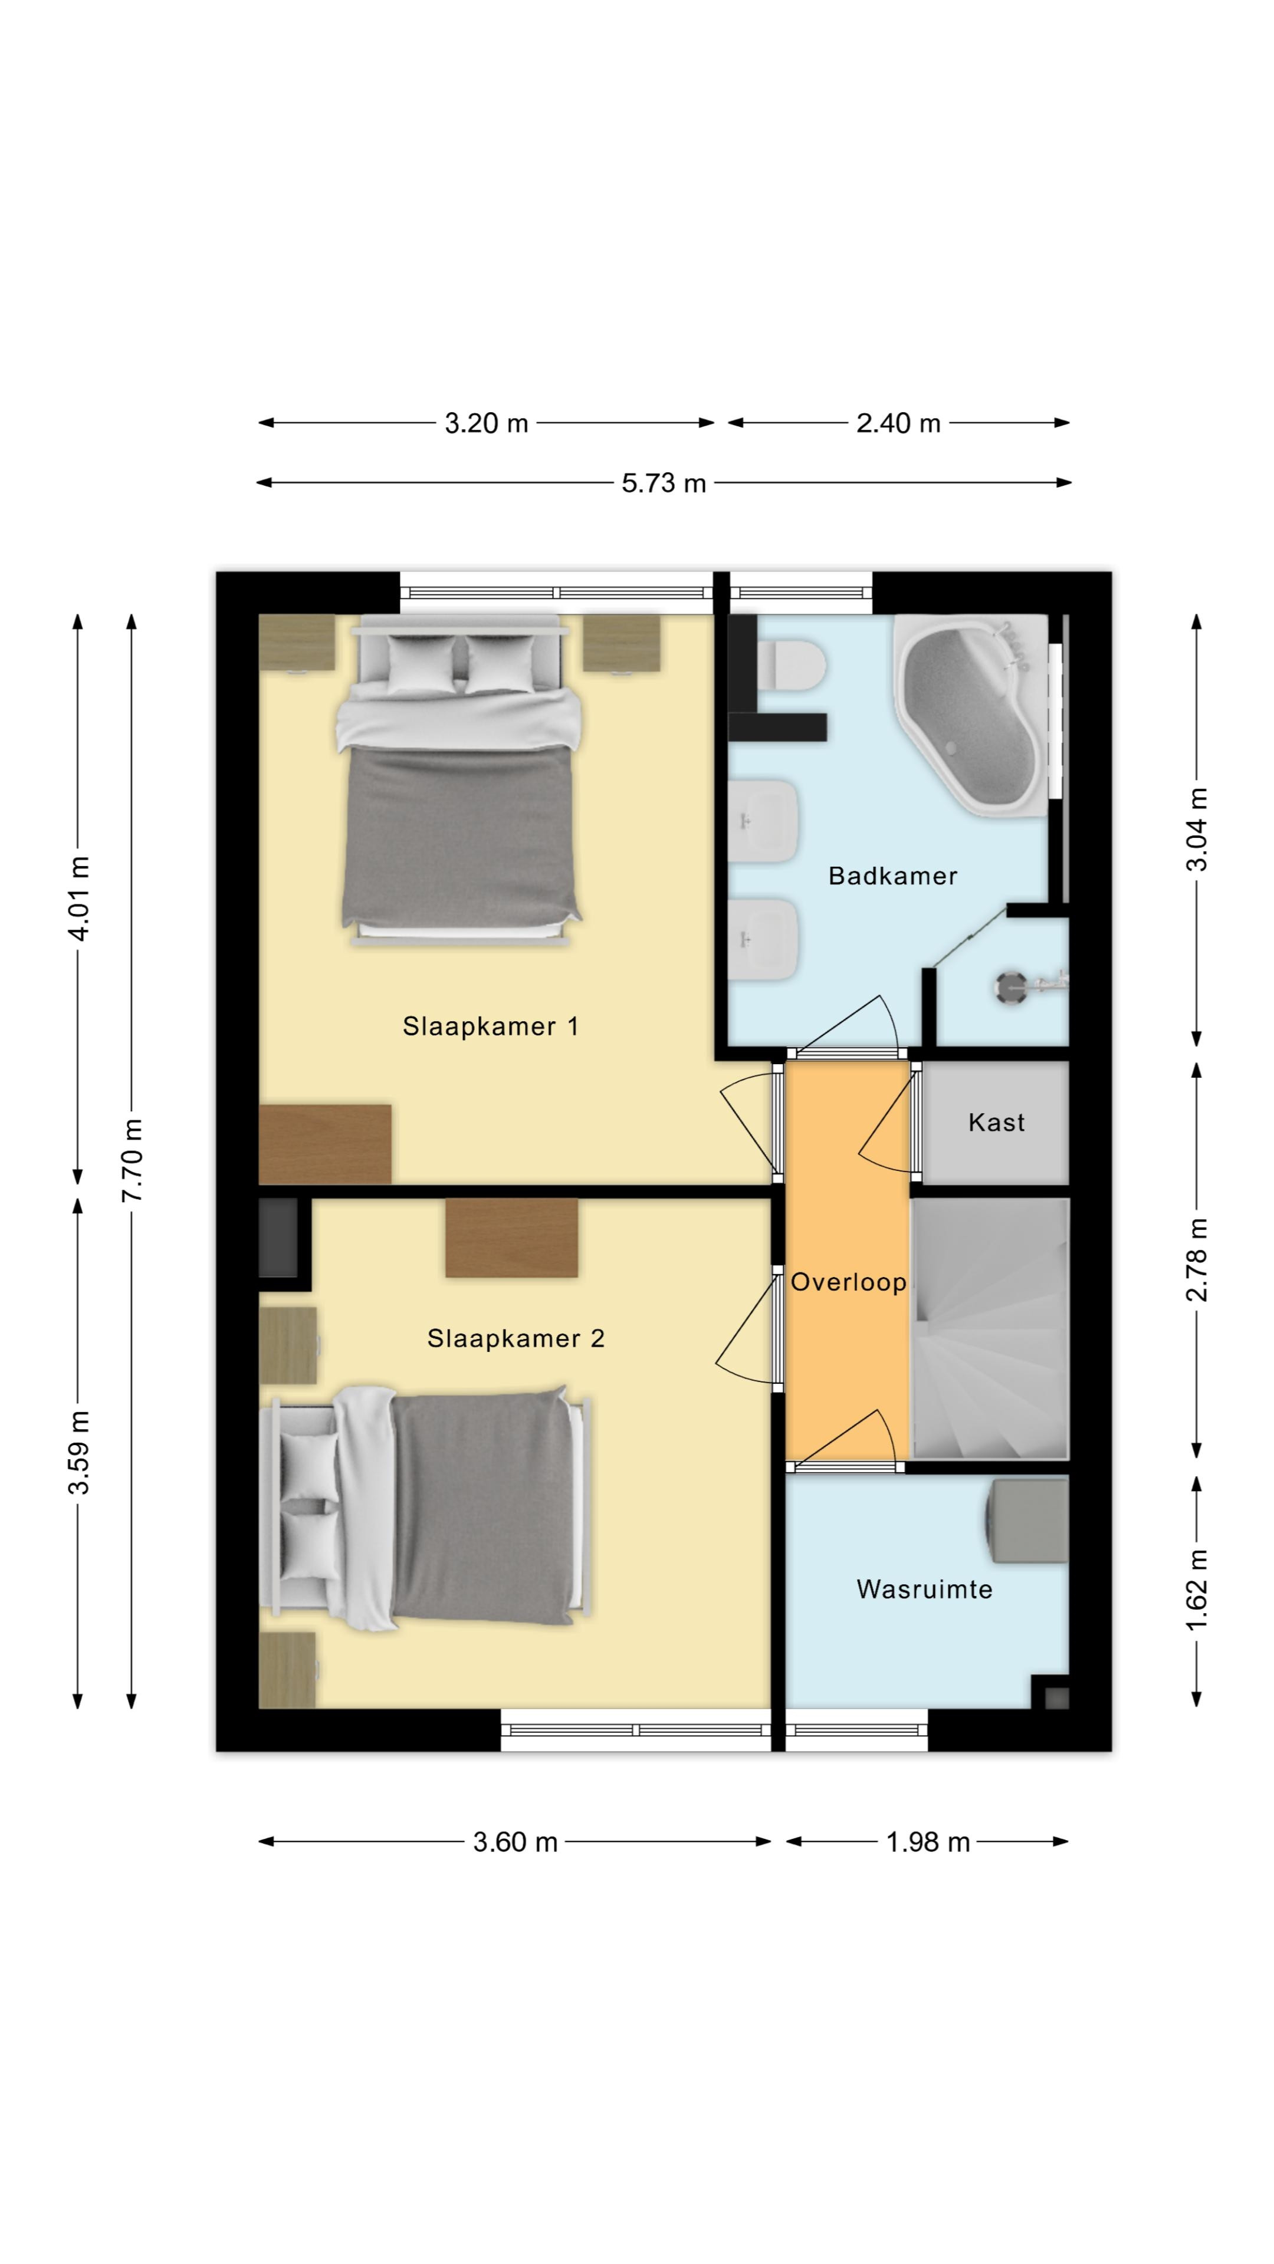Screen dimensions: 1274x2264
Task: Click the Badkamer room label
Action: (x=892, y=876)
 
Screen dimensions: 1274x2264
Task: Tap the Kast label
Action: (x=996, y=1123)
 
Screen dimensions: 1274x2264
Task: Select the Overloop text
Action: (x=848, y=1282)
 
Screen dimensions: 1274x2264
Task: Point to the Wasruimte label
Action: (x=924, y=1589)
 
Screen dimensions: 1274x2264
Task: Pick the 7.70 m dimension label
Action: (x=132, y=1161)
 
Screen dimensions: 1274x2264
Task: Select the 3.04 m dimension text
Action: (x=1197, y=830)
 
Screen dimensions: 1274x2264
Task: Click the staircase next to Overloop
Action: (x=991, y=1329)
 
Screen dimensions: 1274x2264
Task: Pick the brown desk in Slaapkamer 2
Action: (x=512, y=1238)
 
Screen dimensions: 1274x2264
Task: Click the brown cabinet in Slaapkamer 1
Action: (x=326, y=1144)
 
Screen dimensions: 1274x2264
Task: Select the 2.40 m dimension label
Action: (x=898, y=424)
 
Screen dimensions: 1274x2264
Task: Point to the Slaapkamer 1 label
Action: (x=491, y=1026)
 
